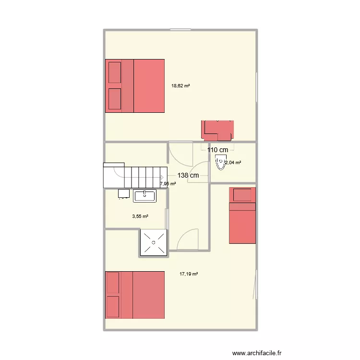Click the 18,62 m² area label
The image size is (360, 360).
point(180,86)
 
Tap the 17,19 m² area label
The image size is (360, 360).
point(189,274)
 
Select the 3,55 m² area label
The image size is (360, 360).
point(140,216)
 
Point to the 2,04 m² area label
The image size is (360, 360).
point(233,163)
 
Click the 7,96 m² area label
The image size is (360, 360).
point(168,183)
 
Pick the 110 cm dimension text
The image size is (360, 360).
point(217,150)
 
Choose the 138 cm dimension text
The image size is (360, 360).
point(188,176)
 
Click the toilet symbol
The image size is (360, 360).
point(221,162)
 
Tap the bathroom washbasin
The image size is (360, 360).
point(144,195)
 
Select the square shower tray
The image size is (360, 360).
point(153,242)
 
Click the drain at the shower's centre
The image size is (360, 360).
point(153,242)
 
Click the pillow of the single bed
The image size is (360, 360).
point(242,195)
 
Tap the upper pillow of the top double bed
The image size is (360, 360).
point(115,72)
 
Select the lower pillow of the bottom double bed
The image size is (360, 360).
point(112,307)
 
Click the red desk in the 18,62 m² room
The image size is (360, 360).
point(218,129)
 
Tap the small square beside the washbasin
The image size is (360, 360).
point(123,194)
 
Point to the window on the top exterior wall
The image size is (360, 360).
point(180,29)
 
